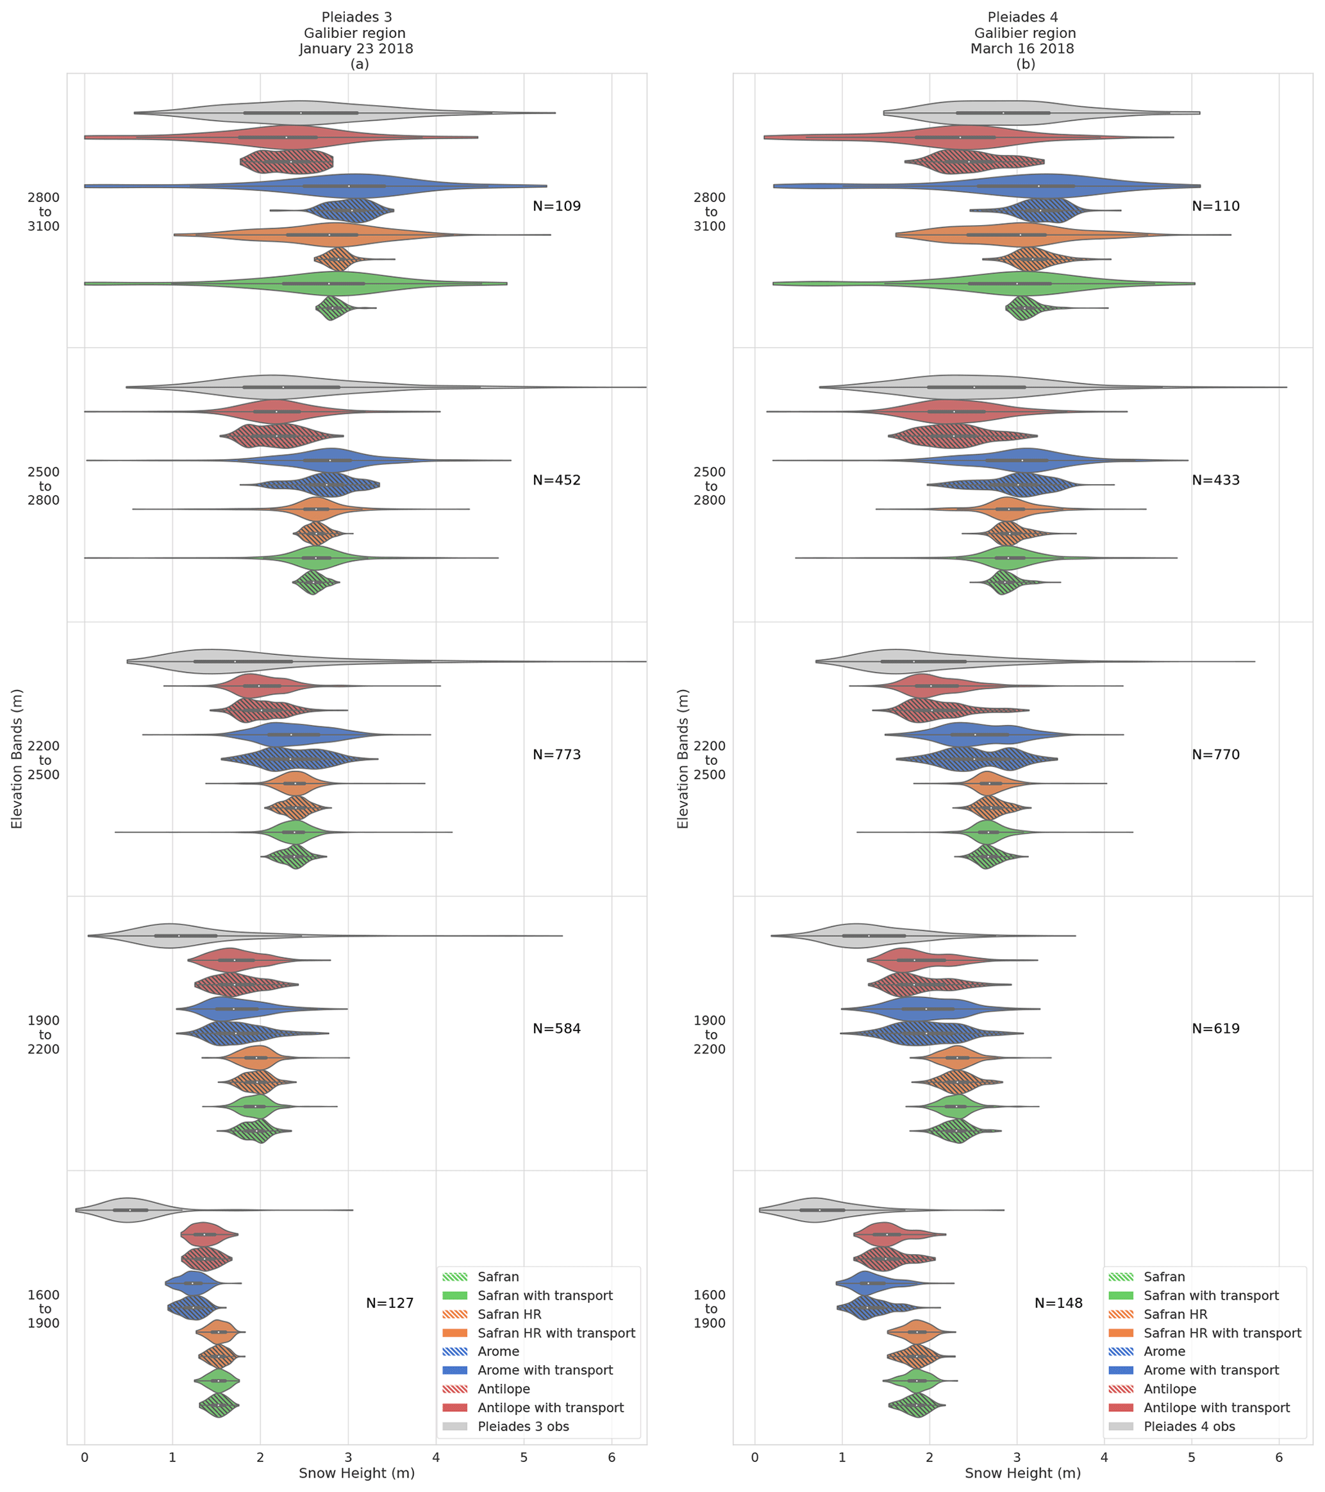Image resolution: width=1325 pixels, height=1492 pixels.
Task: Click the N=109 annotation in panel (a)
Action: coord(556,206)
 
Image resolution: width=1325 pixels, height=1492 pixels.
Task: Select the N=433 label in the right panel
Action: coord(1215,480)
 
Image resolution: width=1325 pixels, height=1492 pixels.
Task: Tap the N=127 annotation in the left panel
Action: coord(390,1303)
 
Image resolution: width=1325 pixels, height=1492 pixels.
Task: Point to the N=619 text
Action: coord(1215,1028)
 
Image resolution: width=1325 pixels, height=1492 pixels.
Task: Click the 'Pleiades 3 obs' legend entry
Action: coord(523,1427)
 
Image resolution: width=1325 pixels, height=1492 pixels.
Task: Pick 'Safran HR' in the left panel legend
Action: coord(509,1314)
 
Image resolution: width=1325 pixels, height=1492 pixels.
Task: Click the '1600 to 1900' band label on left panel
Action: coord(44,1309)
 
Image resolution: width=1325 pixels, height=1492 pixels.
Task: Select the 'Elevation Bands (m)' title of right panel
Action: coord(683,759)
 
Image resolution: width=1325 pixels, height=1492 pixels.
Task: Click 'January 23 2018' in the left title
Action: coord(356,49)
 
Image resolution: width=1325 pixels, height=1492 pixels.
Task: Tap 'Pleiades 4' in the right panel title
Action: coord(1022,17)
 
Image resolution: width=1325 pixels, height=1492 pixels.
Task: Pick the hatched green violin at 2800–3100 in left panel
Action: coord(332,308)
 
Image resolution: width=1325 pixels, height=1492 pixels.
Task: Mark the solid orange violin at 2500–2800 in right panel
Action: coord(1008,509)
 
